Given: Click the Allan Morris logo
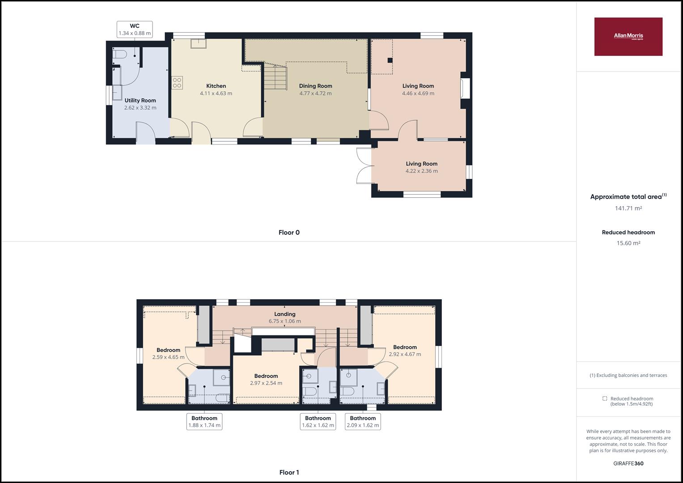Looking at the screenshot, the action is click(x=628, y=37).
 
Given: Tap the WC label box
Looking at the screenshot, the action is click(x=135, y=30).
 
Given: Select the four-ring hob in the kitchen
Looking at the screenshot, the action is click(x=177, y=83).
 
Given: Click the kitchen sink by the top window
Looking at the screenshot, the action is click(x=199, y=44).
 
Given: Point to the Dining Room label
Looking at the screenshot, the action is click(x=316, y=86).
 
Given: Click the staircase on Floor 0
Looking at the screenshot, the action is click(x=276, y=78).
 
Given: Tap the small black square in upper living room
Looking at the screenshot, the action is click(x=390, y=60).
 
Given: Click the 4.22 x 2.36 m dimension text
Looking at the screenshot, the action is click(x=422, y=171).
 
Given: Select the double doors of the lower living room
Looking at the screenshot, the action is click(x=364, y=166).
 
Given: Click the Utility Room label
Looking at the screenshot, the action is click(x=140, y=100).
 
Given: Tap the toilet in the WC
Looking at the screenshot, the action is click(x=119, y=55).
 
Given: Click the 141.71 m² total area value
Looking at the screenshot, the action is click(x=628, y=208).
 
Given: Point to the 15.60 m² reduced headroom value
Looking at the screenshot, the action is click(x=628, y=243).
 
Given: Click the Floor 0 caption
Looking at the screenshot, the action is click(x=289, y=233).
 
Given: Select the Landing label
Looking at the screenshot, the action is click(x=285, y=314).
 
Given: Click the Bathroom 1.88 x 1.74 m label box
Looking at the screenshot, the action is click(x=204, y=422).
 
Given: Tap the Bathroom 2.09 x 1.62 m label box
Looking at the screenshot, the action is click(x=363, y=422).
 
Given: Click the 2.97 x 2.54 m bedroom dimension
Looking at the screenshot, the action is click(x=266, y=383).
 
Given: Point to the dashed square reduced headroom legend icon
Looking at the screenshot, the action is click(x=605, y=398).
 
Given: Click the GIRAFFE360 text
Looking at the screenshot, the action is click(x=628, y=463).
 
